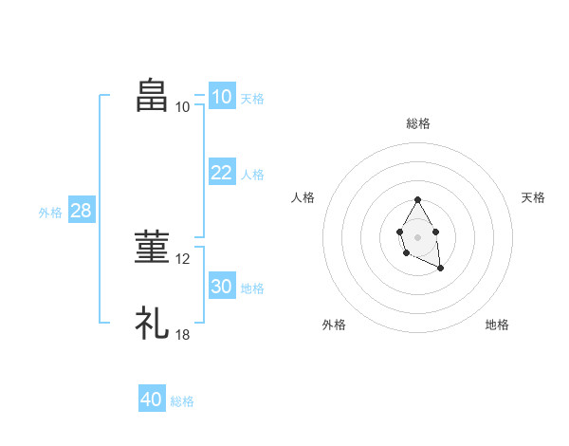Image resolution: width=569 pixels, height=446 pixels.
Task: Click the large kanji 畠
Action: point(153,96)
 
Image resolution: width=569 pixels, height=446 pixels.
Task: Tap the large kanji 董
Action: point(153,248)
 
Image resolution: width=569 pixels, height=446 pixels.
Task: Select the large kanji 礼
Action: point(153,324)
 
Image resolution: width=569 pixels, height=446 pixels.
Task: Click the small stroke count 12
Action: point(184,259)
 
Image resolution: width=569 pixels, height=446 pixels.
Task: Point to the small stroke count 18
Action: point(184,335)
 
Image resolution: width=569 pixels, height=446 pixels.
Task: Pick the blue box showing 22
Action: point(221,173)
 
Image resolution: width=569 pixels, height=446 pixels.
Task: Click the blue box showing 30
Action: point(221,287)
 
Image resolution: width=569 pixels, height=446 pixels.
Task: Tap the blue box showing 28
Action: point(81,211)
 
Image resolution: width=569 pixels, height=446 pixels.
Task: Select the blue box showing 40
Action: point(152,400)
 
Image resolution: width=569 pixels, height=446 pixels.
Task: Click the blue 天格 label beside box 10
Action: point(252,98)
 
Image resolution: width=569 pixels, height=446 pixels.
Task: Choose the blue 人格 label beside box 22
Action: point(252,175)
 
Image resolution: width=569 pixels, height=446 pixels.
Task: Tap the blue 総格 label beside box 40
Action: point(182,401)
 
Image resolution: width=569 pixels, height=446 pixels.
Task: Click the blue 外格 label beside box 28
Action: point(50,213)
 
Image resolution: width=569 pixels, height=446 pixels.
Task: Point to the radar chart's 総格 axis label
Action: point(418,123)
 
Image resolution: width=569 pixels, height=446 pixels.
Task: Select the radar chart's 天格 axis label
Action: point(533,197)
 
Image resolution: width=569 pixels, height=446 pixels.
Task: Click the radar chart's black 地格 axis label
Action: point(497,325)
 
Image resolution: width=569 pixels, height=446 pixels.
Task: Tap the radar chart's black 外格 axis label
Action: point(334,325)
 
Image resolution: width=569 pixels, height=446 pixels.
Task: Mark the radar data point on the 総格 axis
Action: point(417,200)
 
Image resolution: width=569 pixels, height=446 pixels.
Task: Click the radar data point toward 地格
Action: point(440,269)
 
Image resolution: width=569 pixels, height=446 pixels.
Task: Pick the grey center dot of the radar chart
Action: point(417,236)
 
